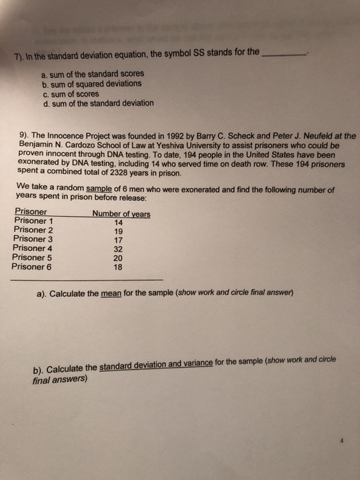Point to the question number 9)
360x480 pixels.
(21, 136)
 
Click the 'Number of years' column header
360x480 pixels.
(121, 213)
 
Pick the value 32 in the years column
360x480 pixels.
(119, 249)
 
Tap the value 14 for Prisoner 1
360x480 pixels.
(119, 222)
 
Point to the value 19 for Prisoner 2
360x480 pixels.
(119, 231)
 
